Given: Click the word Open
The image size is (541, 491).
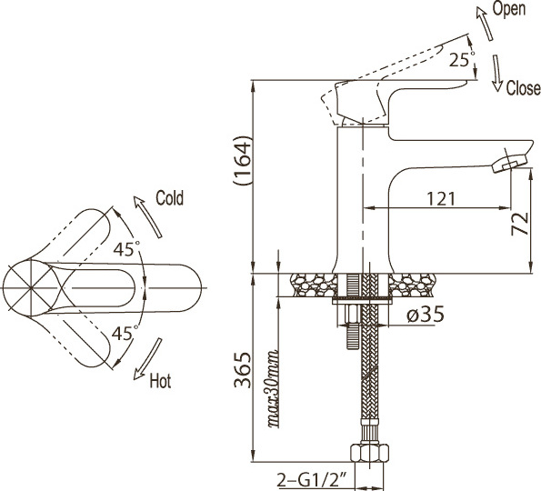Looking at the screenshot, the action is (x=509, y=8).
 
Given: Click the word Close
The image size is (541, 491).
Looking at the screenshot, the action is (x=523, y=88).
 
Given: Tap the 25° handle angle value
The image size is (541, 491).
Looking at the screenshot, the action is (x=462, y=60).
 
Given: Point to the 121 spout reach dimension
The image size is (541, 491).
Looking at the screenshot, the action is (x=441, y=199).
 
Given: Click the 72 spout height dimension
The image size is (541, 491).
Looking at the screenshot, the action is (x=520, y=224).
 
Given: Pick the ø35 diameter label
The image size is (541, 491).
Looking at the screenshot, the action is (x=426, y=315).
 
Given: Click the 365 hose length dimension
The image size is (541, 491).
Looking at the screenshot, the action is (x=242, y=370).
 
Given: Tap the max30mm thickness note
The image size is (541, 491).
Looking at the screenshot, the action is (x=273, y=389).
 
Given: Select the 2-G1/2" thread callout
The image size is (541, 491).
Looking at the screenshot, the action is (x=312, y=480).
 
